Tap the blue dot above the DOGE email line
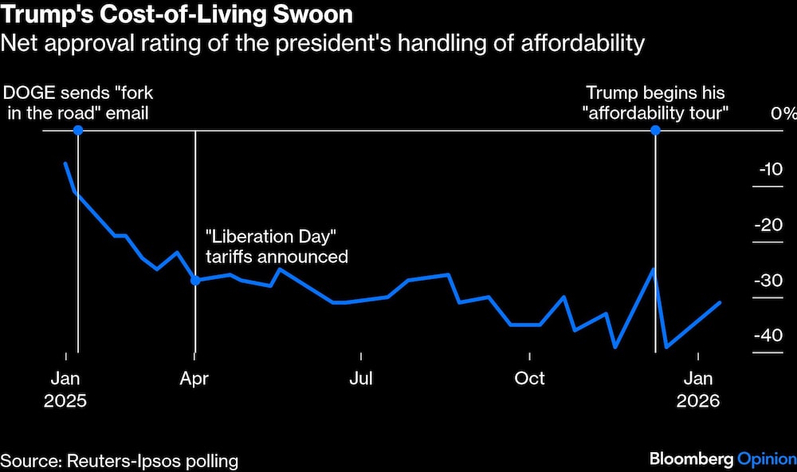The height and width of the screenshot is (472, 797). point(77,130)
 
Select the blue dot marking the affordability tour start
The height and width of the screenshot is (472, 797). point(655,130)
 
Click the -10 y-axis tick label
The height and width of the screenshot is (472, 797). point(771,169)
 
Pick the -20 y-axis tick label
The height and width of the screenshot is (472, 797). point(769,225)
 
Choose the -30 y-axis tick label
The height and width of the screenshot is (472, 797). point(769,281)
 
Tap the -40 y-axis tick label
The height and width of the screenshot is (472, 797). point(769,336)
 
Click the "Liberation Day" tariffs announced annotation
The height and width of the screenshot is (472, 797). point(277,246)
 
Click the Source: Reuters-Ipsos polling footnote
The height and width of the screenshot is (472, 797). point(120,460)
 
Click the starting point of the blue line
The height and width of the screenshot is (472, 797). point(65,163)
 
